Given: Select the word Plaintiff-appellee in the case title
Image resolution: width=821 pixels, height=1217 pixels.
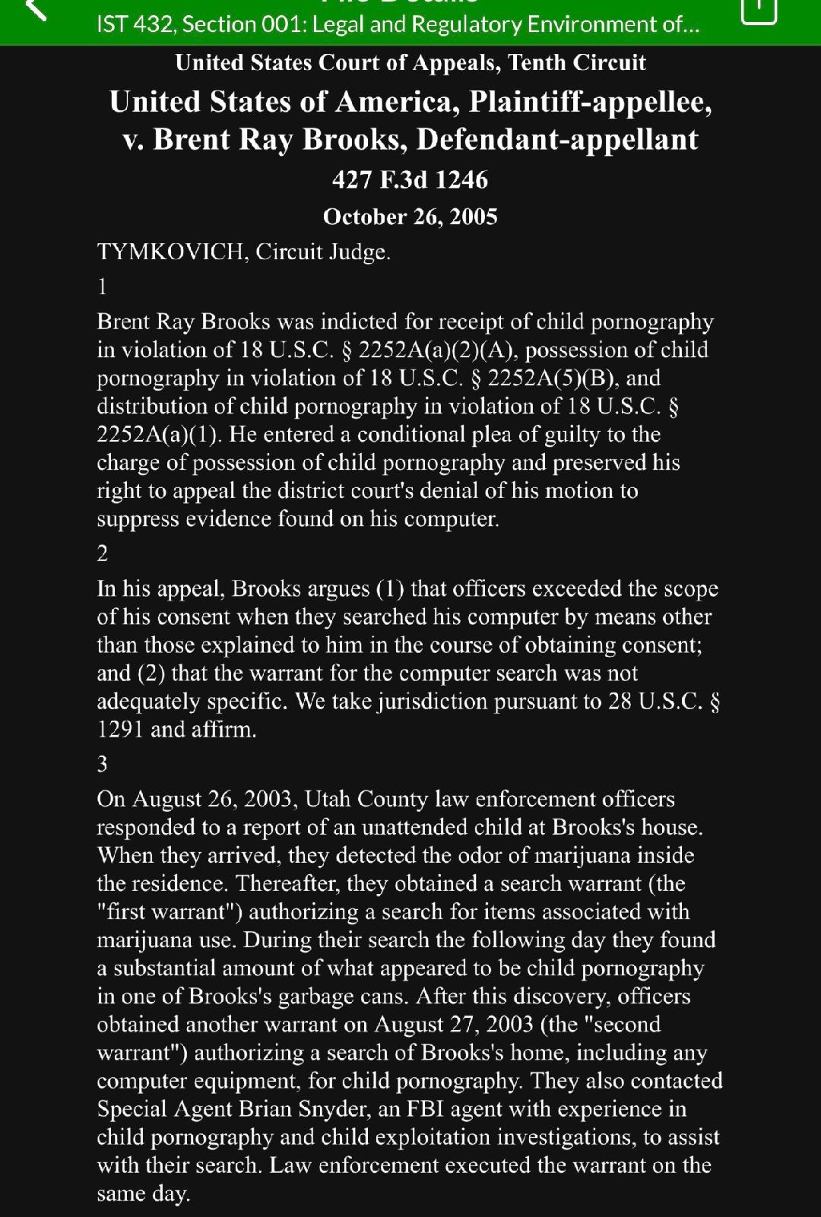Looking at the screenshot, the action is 590,102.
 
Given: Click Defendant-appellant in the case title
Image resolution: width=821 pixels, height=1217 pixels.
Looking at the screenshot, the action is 557,140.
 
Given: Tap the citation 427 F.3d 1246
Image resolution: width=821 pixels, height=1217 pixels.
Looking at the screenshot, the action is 410,180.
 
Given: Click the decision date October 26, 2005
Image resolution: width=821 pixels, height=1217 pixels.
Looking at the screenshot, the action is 410,217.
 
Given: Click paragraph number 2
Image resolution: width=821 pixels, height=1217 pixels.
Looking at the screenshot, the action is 103,553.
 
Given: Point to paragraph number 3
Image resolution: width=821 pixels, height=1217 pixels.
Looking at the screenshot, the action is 103,764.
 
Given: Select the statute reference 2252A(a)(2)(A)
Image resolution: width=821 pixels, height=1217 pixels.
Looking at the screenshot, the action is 438,350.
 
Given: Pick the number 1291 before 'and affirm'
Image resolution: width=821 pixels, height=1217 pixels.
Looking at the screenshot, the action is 120,730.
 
